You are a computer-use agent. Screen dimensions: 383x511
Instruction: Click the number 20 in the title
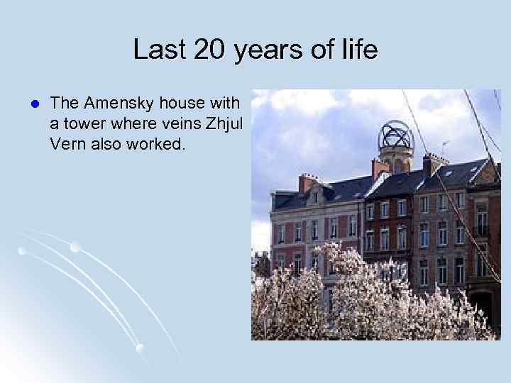(x=204, y=50)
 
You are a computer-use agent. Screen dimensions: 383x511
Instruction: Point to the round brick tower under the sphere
(x=395, y=160)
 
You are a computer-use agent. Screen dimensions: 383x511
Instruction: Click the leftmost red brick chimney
(x=307, y=182)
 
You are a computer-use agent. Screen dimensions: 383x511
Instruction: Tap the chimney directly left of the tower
(x=380, y=167)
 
